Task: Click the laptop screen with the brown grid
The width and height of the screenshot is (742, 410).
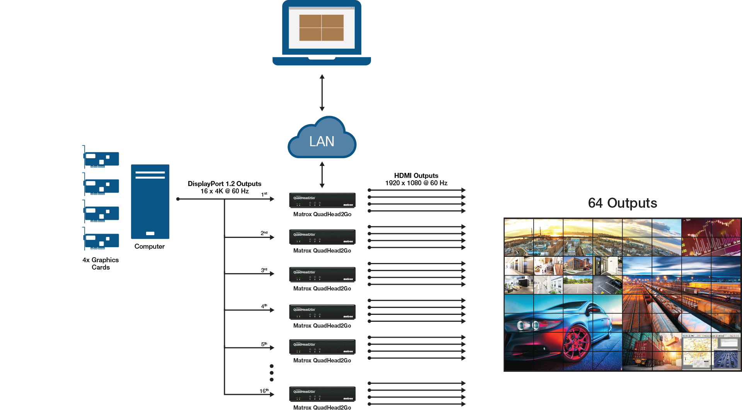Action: (322, 28)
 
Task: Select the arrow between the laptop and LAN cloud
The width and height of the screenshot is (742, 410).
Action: (322, 93)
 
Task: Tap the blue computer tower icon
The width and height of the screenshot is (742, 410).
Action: (150, 201)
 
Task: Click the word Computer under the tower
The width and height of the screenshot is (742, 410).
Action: (150, 246)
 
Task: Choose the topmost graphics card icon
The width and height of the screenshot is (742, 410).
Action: (101, 159)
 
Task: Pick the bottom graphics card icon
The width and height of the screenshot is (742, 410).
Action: (101, 241)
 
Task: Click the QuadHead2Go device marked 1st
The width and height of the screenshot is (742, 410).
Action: (322, 200)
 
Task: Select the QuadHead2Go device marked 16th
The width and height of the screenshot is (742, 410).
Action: (322, 394)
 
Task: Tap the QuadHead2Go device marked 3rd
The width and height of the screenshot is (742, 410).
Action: (322, 275)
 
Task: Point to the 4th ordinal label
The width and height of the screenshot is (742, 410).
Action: (264, 306)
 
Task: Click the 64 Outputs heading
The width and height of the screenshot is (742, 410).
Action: (622, 203)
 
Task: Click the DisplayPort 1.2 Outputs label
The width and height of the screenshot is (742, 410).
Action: (225, 184)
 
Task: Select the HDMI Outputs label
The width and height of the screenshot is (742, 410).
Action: (416, 176)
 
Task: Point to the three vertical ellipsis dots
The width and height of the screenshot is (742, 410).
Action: (272, 373)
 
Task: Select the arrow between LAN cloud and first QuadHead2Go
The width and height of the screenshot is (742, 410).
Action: (322, 175)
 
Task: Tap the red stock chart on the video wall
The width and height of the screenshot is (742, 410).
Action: (711, 237)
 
